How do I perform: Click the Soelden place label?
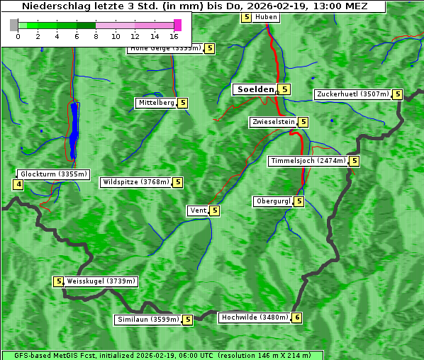(x=255, y=89)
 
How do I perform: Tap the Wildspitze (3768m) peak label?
(x=136, y=182)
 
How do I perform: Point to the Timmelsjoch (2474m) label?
(x=308, y=161)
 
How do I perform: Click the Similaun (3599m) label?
(x=148, y=320)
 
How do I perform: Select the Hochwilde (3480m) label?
(x=254, y=317)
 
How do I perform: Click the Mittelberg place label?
(x=156, y=103)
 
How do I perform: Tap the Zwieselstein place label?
(x=273, y=122)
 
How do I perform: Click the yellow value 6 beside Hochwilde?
(x=296, y=317)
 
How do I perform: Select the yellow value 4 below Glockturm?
(x=18, y=185)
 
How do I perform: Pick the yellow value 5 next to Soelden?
(x=284, y=89)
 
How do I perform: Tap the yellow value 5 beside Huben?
(x=246, y=17)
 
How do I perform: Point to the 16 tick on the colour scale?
(x=174, y=35)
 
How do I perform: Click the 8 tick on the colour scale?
(x=96, y=35)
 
